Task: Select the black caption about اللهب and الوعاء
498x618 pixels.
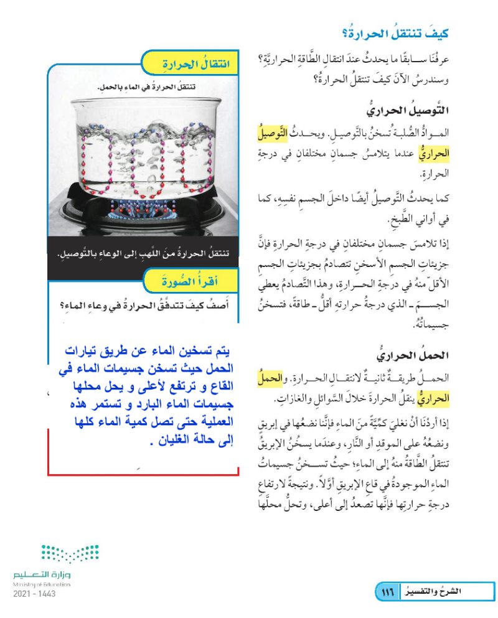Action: (143, 253)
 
